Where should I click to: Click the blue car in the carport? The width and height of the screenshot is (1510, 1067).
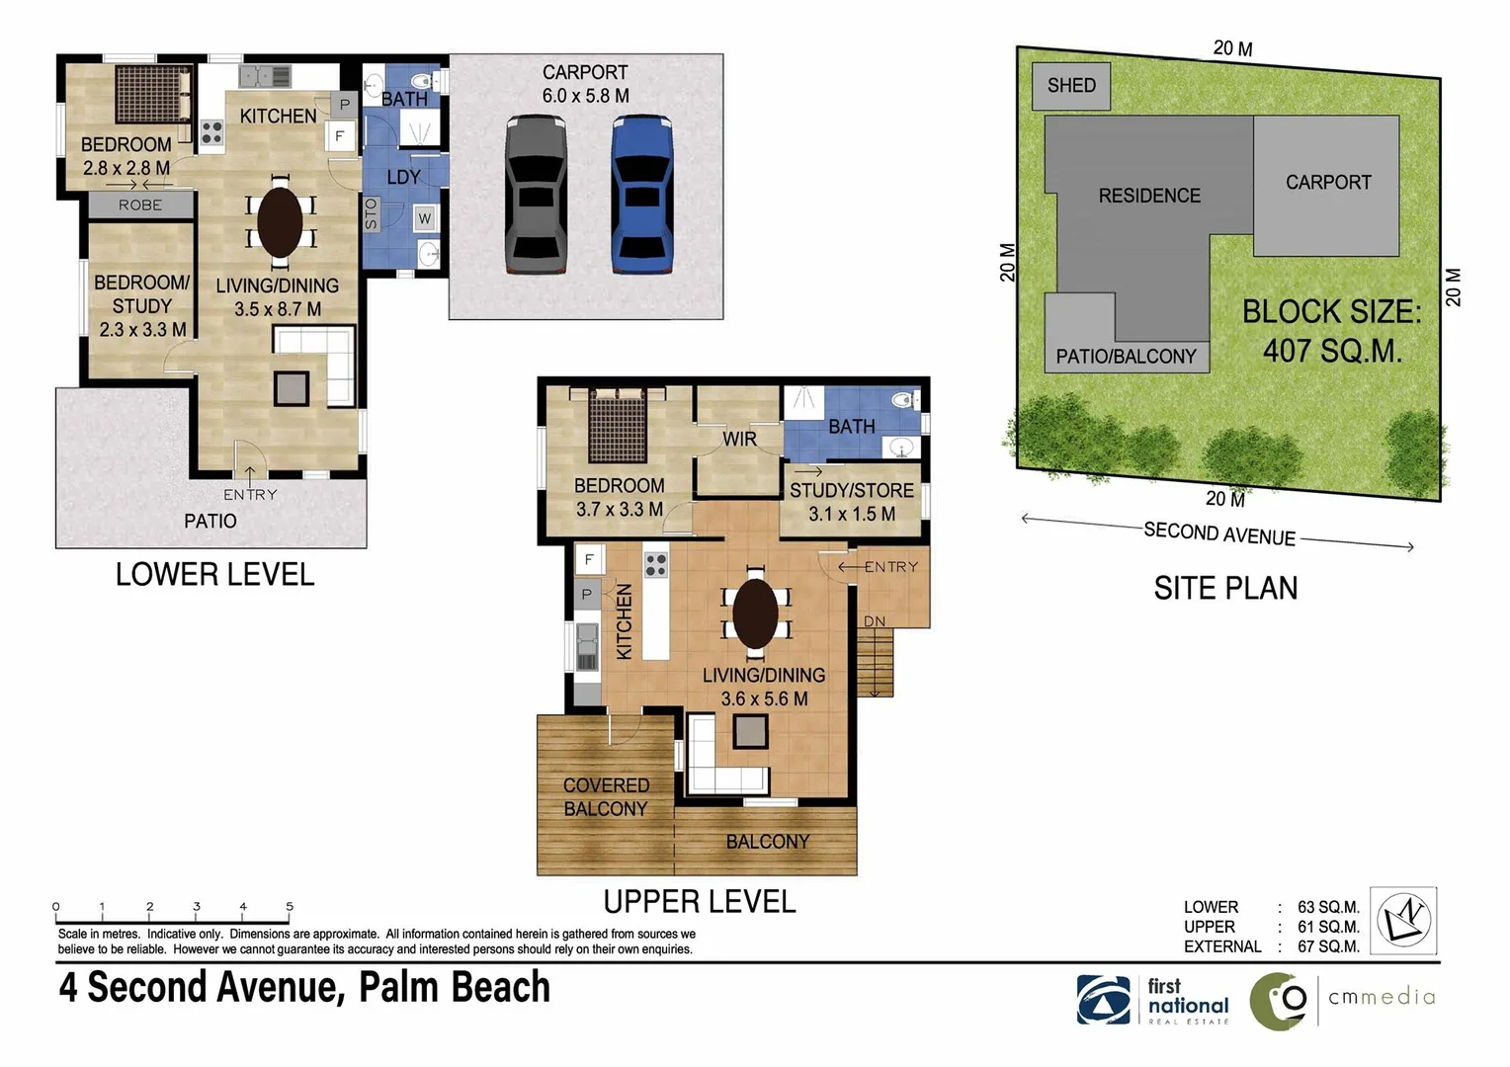click(x=641, y=194)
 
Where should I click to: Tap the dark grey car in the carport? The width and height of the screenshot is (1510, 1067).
click(x=537, y=194)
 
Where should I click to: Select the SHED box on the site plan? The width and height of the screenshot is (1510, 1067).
click(x=1071, y=86)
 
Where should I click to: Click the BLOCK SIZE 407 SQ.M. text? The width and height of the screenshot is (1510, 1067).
click(x=1331, y=331)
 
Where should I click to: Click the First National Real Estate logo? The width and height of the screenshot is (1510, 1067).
click(x=1153, y=1000)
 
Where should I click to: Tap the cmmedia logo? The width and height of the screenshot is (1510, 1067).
click(x=1343, y=1000)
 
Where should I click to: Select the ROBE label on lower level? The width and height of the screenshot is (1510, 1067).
click(x=140, y=205)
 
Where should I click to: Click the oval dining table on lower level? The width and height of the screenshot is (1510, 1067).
click(x=281, y=220)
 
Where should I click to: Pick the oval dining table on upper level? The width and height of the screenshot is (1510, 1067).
click(x=756, y=614)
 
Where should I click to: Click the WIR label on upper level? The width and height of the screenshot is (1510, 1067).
click(x=739, y=439)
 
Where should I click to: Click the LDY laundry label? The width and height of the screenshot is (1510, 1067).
click(x=403, y=178)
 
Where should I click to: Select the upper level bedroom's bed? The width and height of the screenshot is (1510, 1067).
click(x=618, y=426)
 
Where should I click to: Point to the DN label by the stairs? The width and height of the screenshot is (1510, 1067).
click(x=875, y=621)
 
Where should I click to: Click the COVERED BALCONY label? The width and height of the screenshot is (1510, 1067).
click(x=606, y=797)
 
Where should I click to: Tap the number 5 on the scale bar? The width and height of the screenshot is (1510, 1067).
click(x=290, y=906)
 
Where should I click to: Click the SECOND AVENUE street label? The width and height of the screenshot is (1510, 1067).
click(x=1219, y=534)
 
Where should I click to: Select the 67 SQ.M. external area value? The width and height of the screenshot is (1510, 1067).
click(x=1328, y=946)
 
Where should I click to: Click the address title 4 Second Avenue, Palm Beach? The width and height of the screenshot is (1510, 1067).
click(x=304, y=988)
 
